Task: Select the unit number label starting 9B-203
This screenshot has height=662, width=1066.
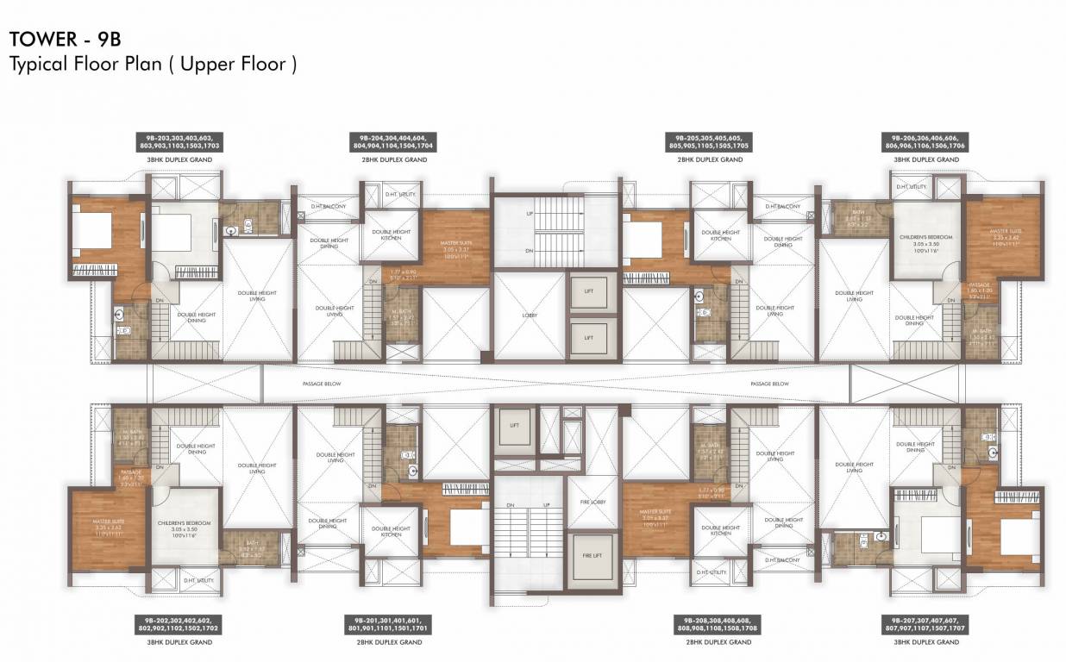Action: pos(179,142)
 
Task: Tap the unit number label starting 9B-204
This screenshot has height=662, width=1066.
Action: pos(392,142)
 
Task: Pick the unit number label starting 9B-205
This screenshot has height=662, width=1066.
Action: pos(709,142)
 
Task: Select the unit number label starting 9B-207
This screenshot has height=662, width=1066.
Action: pos(922,624)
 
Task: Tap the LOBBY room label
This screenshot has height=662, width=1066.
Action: pos(530,315)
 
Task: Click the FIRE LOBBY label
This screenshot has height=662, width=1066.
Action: pos(592,502)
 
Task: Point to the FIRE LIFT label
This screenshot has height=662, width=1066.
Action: pos(592,555)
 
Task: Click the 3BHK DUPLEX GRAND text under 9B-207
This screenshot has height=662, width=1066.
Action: pos(922,642)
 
